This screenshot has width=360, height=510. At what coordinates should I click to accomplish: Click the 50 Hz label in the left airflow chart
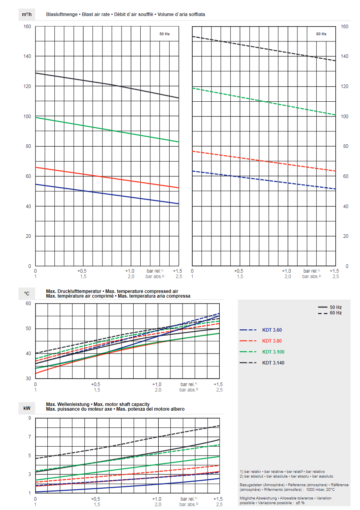(164, 34)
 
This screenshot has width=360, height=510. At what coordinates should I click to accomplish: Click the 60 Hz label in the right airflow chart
(321, 34)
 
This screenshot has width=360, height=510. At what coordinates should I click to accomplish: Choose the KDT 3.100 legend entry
(273, 352)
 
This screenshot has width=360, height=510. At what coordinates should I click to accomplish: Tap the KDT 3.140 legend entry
(273, 363)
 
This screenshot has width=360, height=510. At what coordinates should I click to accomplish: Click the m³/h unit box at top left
(27, 14)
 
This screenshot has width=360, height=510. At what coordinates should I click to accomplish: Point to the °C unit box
(27, 293)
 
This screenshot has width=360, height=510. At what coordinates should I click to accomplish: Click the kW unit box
(27, 408)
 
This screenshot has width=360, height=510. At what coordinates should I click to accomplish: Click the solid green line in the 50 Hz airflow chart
(106, 129)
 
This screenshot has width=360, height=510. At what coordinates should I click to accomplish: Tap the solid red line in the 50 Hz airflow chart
(106, 177)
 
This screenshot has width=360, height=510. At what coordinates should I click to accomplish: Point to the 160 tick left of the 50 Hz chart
(27, 27)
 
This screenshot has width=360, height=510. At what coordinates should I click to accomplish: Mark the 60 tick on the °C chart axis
(28, 303)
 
